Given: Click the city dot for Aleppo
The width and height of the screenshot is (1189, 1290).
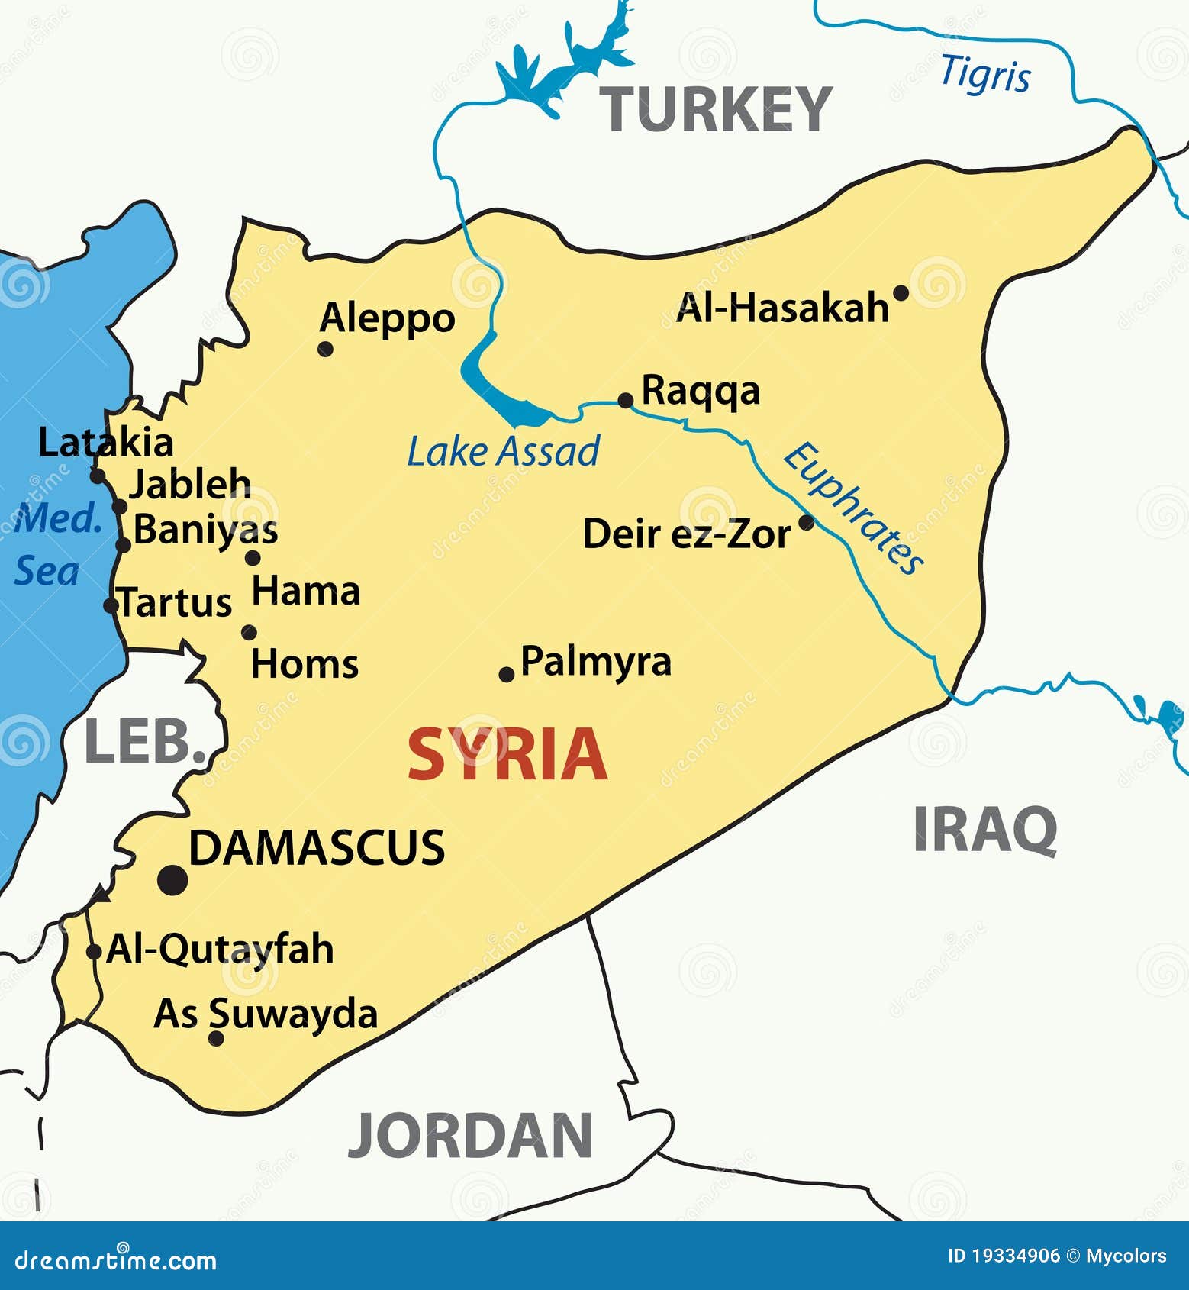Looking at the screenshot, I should [x=325, y=349].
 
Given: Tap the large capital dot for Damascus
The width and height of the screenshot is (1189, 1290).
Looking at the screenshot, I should [x=172, y=880].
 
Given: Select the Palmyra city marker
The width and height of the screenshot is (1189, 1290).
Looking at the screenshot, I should [x=506, y=674].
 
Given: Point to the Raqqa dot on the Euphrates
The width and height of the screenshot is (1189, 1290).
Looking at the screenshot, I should [x=625, y=400].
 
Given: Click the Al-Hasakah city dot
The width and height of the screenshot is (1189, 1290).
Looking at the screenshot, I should [x=901, y=292].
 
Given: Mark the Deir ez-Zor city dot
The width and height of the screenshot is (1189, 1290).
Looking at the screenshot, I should [x=806, y=523].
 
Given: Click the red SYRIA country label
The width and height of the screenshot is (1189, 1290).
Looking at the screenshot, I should [x=507, y=754].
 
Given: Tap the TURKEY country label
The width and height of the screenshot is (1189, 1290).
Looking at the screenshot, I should [x=715, y=110].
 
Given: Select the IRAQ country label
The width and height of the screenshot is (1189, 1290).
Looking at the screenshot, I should [x=984, y=829].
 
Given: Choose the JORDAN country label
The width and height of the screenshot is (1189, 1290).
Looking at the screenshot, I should [x=470, y=1136].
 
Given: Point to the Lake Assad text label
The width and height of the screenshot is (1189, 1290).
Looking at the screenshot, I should [x=504, y=451].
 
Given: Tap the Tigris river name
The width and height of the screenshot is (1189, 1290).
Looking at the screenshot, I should [x=985, y=75].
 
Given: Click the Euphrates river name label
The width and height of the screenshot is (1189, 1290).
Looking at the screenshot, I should [x=853, y=508].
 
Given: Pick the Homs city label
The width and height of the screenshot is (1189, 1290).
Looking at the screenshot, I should [x=304, y=664].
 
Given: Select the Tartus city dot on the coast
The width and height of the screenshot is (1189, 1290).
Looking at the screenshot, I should [x=111, y=605].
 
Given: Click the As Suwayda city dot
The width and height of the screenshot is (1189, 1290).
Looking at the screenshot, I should [x=216, y=1038].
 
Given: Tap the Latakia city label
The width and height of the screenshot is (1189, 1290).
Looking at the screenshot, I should [x=106, y=443].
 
